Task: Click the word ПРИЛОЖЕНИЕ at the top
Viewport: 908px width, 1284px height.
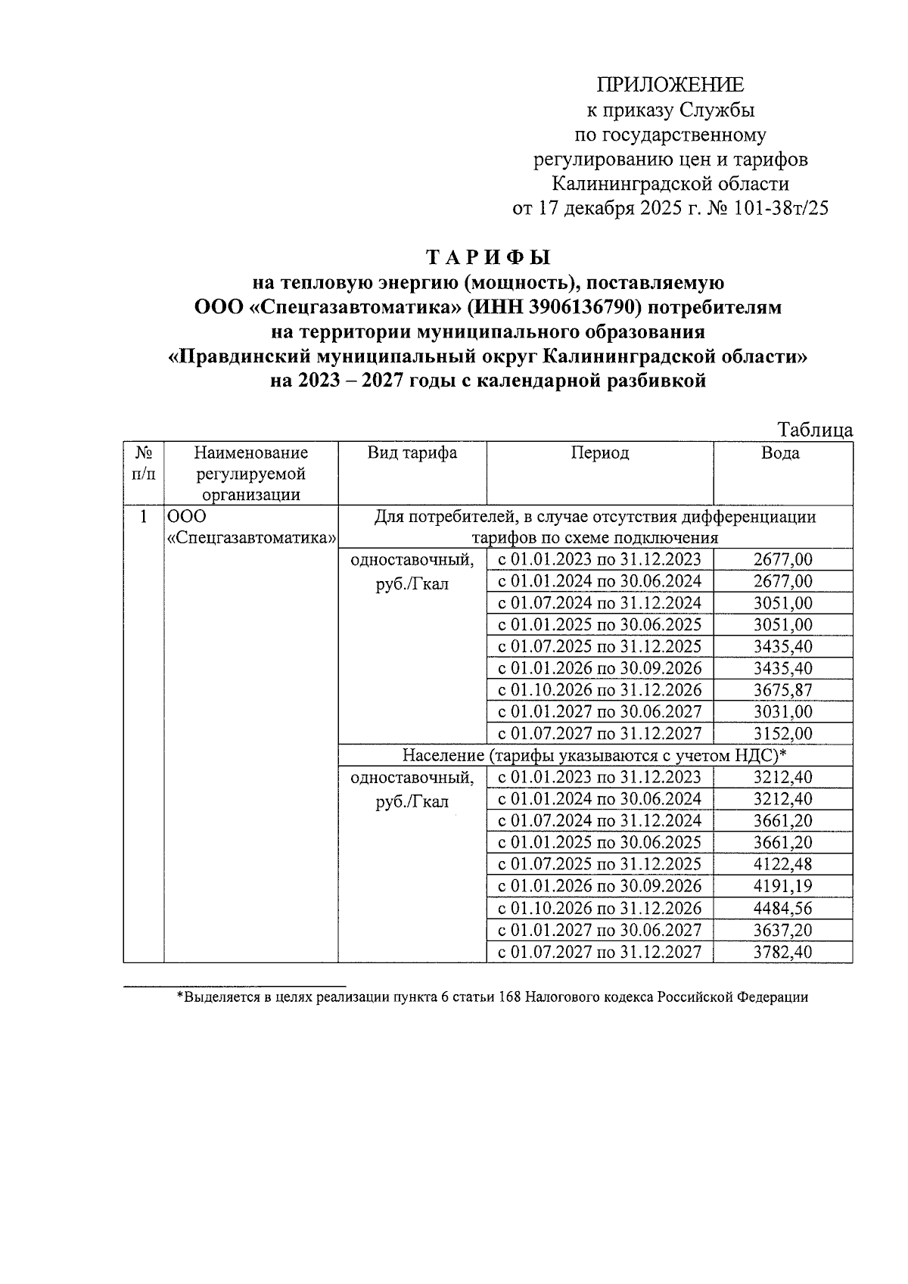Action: tap(670, 85)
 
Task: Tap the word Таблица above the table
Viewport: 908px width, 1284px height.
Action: tap(816, 431)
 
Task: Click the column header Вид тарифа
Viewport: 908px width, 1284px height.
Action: tap(412, 453)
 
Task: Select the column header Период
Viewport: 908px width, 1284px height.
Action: tap(599, 453)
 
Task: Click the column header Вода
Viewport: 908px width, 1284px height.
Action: tap(781, 453)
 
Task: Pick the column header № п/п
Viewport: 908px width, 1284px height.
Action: tap(144, 464)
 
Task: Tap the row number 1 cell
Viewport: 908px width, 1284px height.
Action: tap(144, 518)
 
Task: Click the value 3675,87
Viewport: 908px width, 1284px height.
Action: tap(783, 690)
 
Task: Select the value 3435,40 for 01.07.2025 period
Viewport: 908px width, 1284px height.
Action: tap(783, 647)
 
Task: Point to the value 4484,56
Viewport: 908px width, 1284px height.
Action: tap(783, 909)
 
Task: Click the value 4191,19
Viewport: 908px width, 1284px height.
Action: tap(783, 887)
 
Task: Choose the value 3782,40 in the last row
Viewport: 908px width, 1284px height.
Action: tap(783, 952)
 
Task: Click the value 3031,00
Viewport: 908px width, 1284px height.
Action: tap(783, 712)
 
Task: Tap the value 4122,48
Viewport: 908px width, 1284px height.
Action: tap(783, 865)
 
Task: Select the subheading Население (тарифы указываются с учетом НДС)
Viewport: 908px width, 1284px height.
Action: tap(594, 755)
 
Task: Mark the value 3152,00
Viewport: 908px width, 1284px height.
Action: tap(783, 734)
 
